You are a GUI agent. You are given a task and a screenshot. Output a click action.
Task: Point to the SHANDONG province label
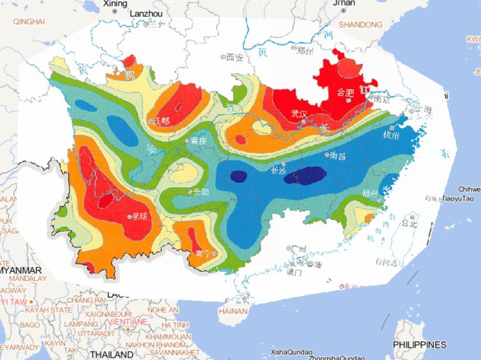[360, 24]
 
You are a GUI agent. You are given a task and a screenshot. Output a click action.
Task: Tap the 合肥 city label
[346, 93]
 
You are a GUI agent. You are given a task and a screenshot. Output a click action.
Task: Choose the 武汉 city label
[299, 113]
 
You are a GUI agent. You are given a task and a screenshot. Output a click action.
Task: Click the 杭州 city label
[390, 135]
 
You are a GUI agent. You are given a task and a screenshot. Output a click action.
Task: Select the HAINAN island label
[230, 310]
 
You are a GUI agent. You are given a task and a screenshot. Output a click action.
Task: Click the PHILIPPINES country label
[419, 345]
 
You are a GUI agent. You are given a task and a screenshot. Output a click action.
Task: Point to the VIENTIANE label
[127, 321]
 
